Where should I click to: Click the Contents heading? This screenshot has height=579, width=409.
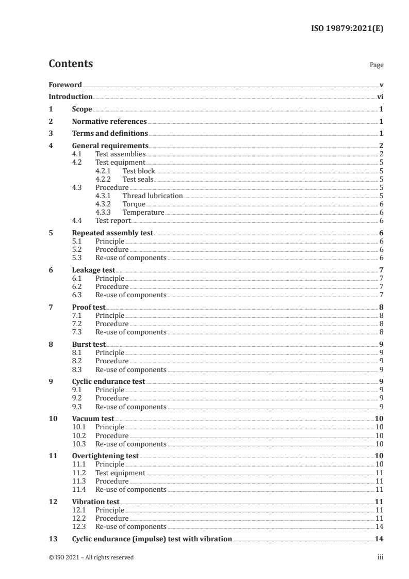71,64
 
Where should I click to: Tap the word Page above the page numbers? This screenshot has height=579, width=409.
376,65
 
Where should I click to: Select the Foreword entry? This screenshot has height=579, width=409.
65,85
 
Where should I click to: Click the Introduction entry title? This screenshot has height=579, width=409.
70,96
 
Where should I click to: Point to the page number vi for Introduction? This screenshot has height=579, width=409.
380,96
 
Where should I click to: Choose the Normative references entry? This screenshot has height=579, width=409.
109,122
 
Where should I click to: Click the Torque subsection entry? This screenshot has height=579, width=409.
134,204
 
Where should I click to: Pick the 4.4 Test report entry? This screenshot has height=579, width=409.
113,221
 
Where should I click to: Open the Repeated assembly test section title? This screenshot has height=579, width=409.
112,233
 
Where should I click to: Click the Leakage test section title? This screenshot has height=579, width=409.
93,270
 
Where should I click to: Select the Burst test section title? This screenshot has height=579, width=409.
89,345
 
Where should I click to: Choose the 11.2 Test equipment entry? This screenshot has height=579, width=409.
120,473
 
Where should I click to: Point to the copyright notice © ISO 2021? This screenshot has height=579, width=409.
91,557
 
